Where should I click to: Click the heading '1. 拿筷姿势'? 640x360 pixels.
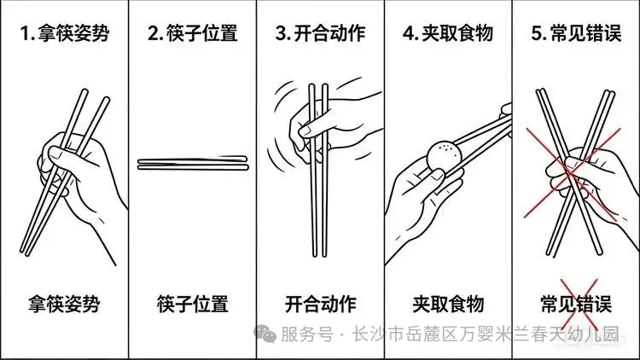(x=65, y=33)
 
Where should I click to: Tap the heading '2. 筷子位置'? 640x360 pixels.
(x=193, y=33)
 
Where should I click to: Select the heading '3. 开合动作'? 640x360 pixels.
(x=320, y=33)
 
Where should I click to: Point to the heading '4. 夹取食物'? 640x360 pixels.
(x=448, y=33)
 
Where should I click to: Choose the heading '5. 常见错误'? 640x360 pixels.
(x=576, y=33)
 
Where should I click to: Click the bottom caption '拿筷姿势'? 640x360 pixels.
(x=64, y=304)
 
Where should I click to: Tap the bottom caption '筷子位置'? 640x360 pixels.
(x=193, y=304)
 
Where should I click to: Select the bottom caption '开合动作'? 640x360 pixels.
(x=320, y=304)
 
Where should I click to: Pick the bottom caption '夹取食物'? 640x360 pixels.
(x=448, y=304)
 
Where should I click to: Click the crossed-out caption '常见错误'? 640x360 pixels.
(x=576, y=304)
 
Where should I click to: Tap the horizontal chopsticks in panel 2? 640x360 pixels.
(x=193, y=163)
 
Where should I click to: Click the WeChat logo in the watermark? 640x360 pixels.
(x=265, y=334)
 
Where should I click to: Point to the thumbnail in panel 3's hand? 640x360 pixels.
(x=305, y=131)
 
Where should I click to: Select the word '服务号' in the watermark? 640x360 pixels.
(x=307, y=334)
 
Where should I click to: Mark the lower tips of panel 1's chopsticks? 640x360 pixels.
(x=25, y=253)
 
